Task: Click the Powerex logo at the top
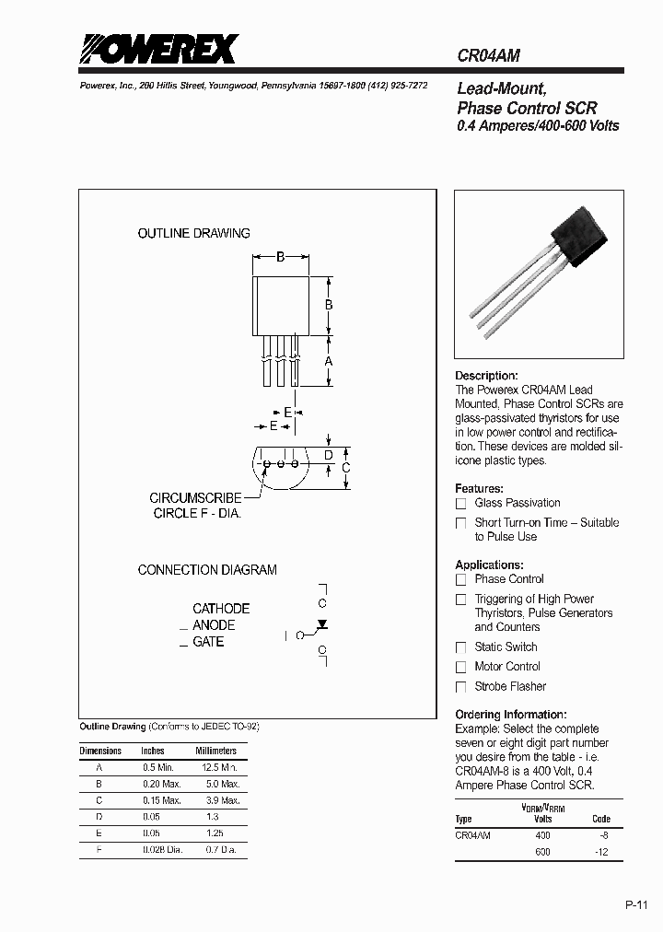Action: (x=158, y=49)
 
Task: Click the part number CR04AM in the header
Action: (x=489, y=55)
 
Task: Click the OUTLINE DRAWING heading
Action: (x=193, y=234)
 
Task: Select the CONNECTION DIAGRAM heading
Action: (x=207, y=570)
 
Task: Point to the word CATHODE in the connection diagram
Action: (x=221, y=609)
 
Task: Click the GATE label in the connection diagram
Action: (x=208, y=642)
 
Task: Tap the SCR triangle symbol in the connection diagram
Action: (x=322, y=624)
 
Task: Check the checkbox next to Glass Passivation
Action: (x=461, y=503)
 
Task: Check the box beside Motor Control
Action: (x=461, y=667)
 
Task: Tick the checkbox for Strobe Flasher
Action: (x=461, y=687)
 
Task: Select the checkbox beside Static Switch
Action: (x=461, y=647)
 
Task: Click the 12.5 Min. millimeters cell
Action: (x=216, y=767)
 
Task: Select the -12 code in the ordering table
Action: (x=600, y=853)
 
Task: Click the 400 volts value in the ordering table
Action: (x=542, y=834)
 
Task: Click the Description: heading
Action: (x=487, y=376)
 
